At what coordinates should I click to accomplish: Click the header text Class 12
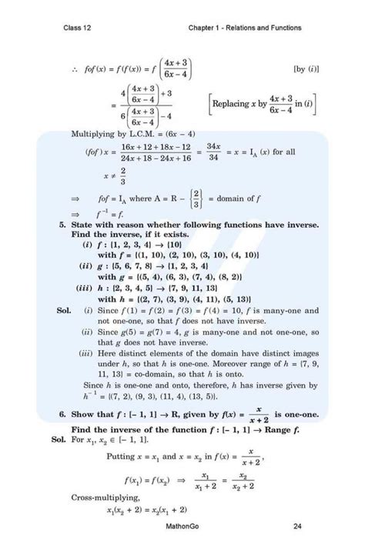(x=78, y=28)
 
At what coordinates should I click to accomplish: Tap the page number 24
(x=297, y=527)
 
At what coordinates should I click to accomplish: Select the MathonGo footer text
(x=183, y=527)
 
